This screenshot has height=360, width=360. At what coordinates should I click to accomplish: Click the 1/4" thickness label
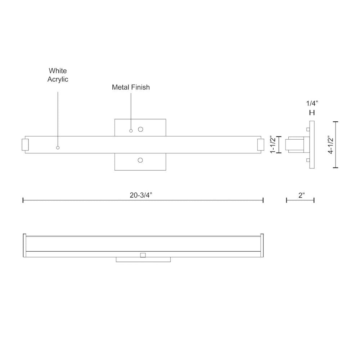312,103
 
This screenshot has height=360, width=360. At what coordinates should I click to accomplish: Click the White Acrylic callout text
58,75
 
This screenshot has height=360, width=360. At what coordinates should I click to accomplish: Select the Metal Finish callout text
131,87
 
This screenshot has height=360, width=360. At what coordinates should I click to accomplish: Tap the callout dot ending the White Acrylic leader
58,148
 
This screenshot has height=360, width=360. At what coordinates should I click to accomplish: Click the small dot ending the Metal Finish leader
131,130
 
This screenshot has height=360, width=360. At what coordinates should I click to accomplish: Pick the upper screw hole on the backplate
140,129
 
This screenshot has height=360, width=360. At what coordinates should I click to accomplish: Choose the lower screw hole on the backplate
140,160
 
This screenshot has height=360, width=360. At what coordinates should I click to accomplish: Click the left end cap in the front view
25,144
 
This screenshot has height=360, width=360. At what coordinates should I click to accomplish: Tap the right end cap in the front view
261,144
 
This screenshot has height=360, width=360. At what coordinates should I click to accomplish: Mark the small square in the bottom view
143,255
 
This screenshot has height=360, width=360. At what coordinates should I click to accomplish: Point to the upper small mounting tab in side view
307,129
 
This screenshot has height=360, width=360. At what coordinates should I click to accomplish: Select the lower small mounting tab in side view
307,160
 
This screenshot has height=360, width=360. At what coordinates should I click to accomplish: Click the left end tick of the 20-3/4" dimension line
23,200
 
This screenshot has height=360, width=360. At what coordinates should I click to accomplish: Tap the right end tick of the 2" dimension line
314,200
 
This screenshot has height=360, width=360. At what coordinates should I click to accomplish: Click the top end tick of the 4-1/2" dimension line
336,122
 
